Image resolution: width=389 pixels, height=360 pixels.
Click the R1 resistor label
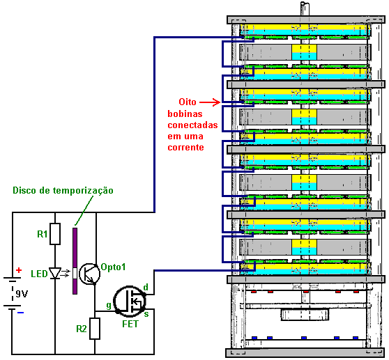click(42, 234)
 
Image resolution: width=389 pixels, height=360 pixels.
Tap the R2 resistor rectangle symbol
click(95, 329)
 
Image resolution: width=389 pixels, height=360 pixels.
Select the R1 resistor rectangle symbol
click(55, 234)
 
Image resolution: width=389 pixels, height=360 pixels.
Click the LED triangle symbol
click(55, 273)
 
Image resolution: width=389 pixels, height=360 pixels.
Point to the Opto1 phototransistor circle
click(89, 274)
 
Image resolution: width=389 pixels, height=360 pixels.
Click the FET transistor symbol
click(130, 302)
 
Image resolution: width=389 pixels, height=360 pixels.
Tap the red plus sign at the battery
click(19, 270)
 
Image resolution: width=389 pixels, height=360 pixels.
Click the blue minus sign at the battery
click(20, 313)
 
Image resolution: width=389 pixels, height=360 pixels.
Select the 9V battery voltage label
click(22, 294)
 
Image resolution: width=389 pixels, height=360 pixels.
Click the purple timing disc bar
click(75, 261)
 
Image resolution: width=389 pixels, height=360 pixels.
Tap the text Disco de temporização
click(63, 190)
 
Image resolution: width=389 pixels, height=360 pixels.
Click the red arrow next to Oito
click(210, 102)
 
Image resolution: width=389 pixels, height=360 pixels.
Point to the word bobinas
click(185, 114)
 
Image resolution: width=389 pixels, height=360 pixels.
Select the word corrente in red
click(186, 148)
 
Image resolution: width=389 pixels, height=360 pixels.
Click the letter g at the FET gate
click(109, 305)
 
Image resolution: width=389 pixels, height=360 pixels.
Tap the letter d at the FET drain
click(146, 287)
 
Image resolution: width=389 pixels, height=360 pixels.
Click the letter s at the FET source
click(146, 314)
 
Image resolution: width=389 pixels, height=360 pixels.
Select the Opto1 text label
click(113, 267)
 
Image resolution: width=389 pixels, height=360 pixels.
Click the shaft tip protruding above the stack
click(305, 4)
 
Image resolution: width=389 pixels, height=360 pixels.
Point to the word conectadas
click(193, 125)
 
